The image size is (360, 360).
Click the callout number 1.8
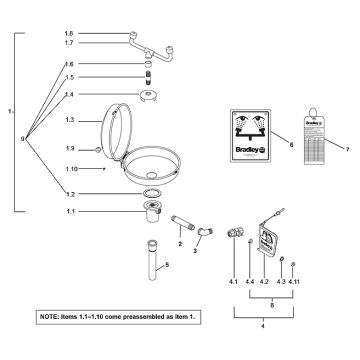click(x=69, y=33)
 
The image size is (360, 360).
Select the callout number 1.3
click(x=69, y=120)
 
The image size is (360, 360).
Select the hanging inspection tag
click(x=317, y=138)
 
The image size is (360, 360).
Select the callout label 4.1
click(x=232, y=283)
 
